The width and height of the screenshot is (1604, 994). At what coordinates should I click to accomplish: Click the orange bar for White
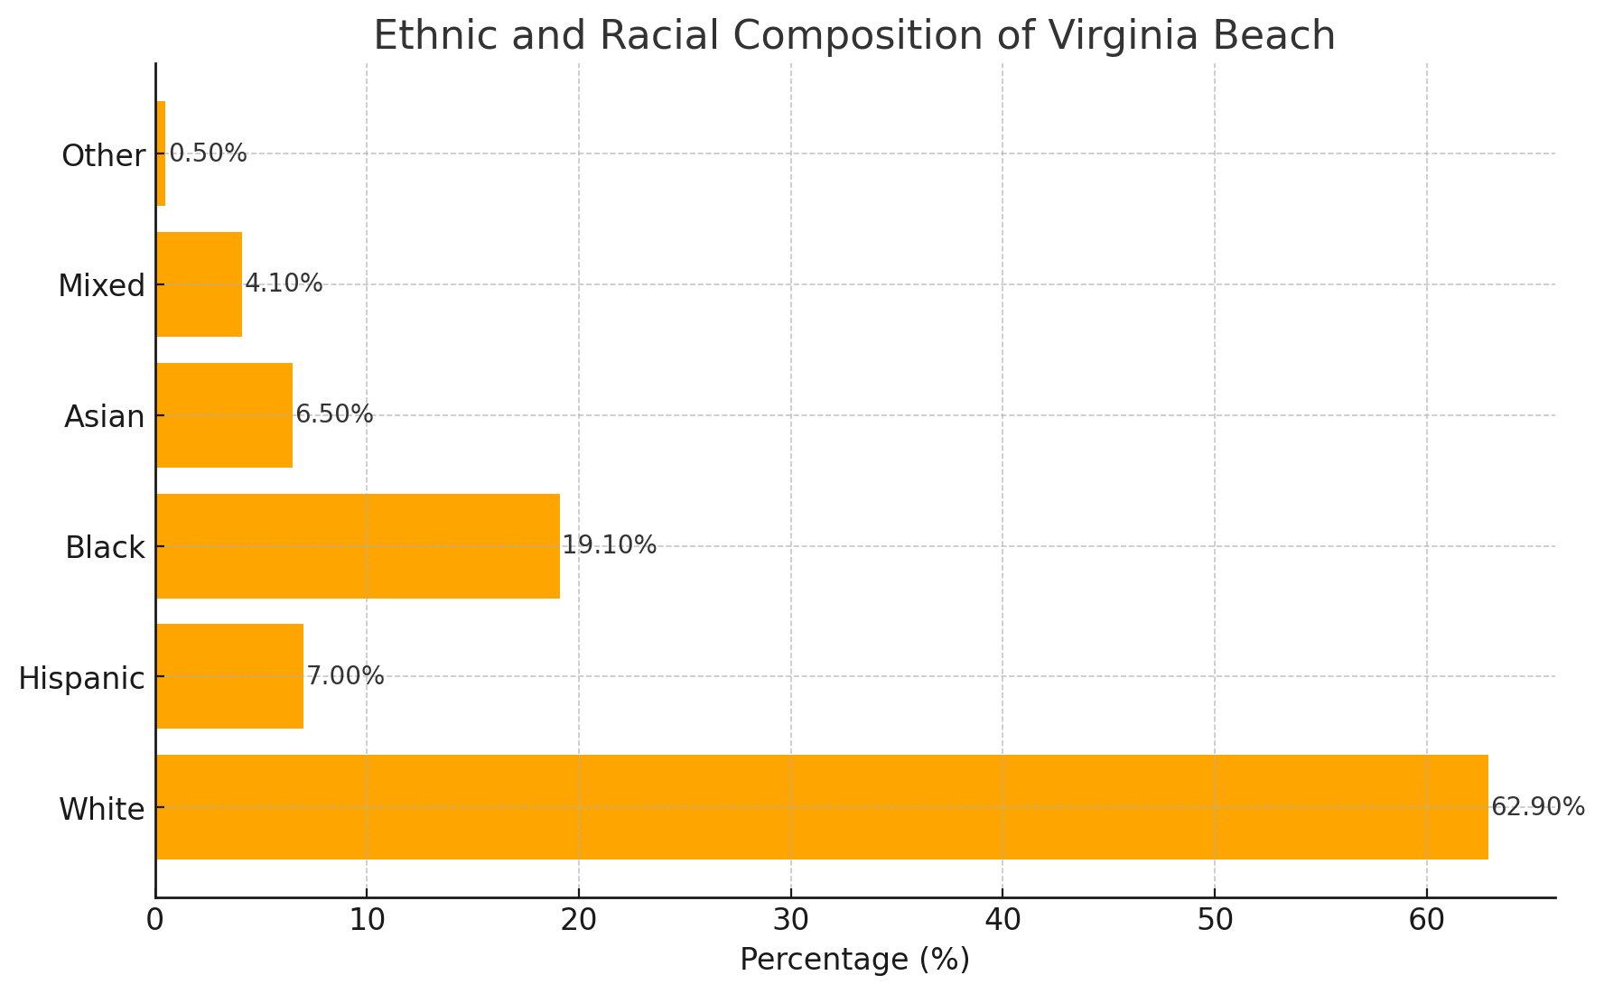[x=822, y=806]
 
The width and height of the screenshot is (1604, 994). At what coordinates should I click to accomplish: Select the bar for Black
[x=358, y=545]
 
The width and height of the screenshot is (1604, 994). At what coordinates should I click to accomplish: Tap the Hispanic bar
[x=229, y=676]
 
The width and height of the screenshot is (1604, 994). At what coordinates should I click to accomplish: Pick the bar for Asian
[x=224, y=415]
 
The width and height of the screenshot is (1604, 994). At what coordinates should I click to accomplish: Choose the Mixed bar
[x=199, y=284]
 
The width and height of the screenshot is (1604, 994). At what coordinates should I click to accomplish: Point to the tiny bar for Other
[x=161, y=153]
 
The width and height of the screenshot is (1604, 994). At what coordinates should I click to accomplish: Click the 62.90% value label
[x=1537, y=807]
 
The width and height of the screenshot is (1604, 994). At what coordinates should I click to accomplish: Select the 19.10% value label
[x=610, y=545]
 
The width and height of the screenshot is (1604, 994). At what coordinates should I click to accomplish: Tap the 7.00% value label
[x=345, y=676]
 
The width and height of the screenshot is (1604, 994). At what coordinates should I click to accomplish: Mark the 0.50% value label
[x=208, y=153]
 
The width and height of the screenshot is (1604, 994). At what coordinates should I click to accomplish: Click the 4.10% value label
[x=284, y=284]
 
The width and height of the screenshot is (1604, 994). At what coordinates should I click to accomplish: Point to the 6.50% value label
[x=334, y=415]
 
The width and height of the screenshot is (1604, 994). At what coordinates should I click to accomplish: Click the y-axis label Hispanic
[x=81, y=678]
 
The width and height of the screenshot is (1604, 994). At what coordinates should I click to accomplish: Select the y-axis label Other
[x=103, y=156]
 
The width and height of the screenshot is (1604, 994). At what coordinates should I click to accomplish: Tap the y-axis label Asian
[x=104, y=417]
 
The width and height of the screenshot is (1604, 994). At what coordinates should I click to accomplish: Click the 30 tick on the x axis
[x=790, y=921]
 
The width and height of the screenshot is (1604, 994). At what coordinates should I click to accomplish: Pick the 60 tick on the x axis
[x=1426, y=921]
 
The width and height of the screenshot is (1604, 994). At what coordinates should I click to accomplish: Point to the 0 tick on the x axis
[x=155, y=921]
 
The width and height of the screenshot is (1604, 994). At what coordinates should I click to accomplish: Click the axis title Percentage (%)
[x=854, y=960]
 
